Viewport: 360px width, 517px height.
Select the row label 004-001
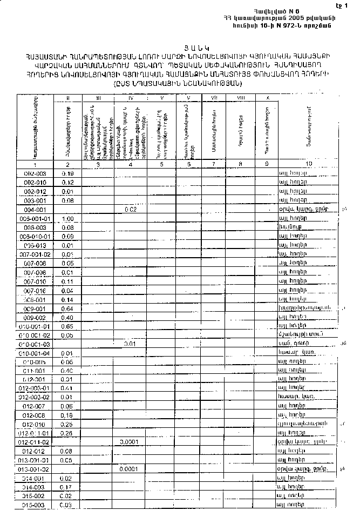pos(35,209)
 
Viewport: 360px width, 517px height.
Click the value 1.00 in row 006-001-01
pos(67,218)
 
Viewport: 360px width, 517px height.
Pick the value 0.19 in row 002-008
pos(67,173)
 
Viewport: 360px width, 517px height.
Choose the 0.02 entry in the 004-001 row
pos(130,209)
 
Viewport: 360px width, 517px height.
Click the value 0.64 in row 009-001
pos(67,308)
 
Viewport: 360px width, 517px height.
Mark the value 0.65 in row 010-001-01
pos(67,326)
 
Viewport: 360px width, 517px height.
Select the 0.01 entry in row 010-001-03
pos(130,344)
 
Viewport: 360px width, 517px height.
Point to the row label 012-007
pos(35,406)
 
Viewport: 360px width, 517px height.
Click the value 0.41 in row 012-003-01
pos(67,388)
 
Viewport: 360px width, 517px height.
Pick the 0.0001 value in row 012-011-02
pos(130,441)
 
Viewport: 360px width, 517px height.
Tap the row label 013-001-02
pos(35,469)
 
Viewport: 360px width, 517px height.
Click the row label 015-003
pos(35,505)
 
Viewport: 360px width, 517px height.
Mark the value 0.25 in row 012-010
pos(67,424)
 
